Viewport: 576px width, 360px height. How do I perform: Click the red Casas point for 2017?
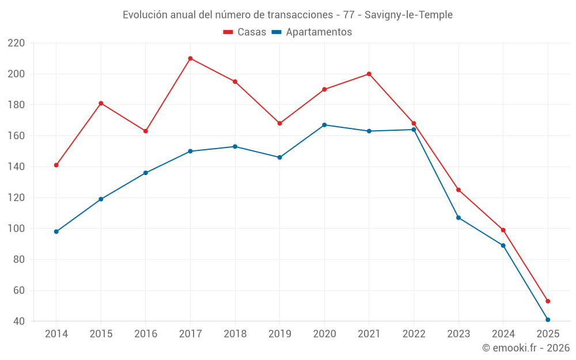click(190, 58)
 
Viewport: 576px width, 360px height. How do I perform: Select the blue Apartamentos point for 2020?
click(324, 125)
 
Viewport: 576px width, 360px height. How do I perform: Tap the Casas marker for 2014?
click(56, 165)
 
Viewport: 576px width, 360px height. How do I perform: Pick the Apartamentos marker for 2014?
click(56, 232)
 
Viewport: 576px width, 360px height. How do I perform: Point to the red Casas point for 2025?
click(548, 301)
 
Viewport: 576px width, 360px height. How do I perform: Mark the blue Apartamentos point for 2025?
click(548, 320)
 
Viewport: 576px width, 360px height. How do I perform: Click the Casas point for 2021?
click(369, 74)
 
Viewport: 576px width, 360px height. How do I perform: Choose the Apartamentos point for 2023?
click(458, 218)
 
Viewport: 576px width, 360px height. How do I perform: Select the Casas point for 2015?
click(101, 103)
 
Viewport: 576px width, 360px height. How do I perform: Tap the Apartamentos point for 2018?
click(235, 146)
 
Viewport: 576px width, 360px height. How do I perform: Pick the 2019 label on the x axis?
click(280, 334)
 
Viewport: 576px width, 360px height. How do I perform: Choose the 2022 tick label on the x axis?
click(414, 334)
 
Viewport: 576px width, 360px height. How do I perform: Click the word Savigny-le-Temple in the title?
click(408, 14)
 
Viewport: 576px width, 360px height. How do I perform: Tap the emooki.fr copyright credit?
click(526, 348)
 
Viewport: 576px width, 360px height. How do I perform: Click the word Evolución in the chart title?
click(145, 14)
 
